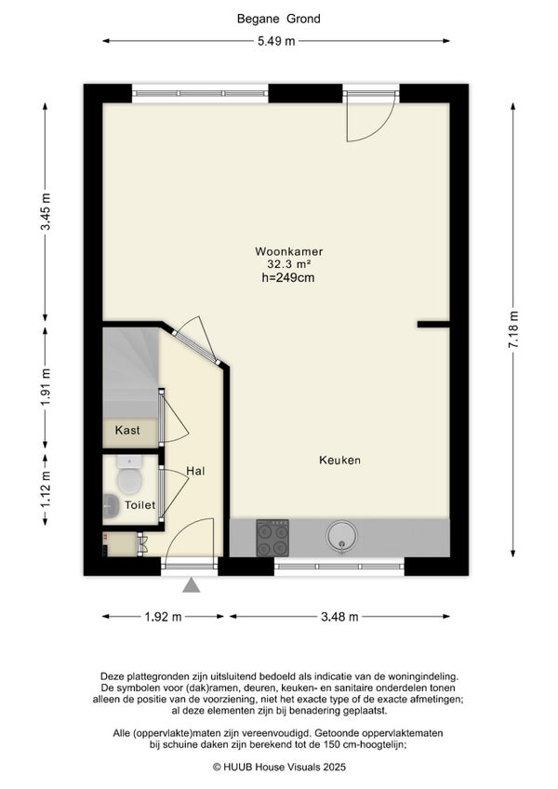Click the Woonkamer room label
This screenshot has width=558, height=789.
pos(289,251)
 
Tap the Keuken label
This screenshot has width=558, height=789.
pos(339,460)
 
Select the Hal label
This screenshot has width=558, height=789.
pos(195,471)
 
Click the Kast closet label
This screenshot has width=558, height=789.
pos(127,430)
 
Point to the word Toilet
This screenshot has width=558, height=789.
pos(139,504)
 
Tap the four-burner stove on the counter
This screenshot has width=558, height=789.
pos(272,538)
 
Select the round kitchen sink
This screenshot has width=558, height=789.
pos(342,537)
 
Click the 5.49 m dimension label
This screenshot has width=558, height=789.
pos(276,41)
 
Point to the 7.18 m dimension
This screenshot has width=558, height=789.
pos(513,329)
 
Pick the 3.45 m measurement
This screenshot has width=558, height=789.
pos(46,211)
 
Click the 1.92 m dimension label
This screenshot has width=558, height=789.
pos(163,617)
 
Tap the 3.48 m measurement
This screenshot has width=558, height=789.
pos(339,617)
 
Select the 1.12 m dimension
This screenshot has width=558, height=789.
pos(46,488)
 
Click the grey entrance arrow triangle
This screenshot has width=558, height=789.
pos(192,585)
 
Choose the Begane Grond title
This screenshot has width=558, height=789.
pos(279,20)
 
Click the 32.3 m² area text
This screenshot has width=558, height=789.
pos(289,264)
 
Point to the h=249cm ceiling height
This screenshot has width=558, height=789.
pos(288,277)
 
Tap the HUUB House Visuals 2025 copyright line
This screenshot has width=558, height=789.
pos(279,768)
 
